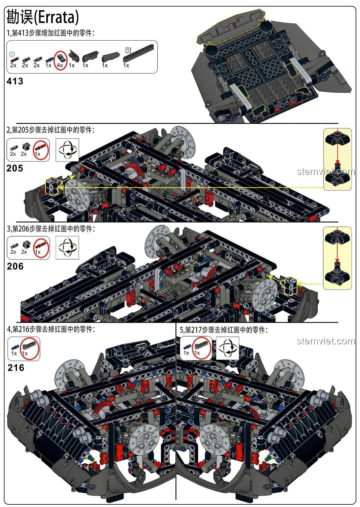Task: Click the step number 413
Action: (15, 81)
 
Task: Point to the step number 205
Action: (15, 168)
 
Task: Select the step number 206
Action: (15, 266)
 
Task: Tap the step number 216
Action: (16, 368)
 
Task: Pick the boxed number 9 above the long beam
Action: (128, 51)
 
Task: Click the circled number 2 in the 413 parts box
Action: (12, 54)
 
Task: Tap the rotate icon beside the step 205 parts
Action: (67, 150)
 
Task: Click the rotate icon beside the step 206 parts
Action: (67, 248)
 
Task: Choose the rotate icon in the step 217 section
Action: (228, 348)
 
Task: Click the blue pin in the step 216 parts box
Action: (14, 346)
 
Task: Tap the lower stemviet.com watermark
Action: (325, 341)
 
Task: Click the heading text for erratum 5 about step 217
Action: (224, 330)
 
